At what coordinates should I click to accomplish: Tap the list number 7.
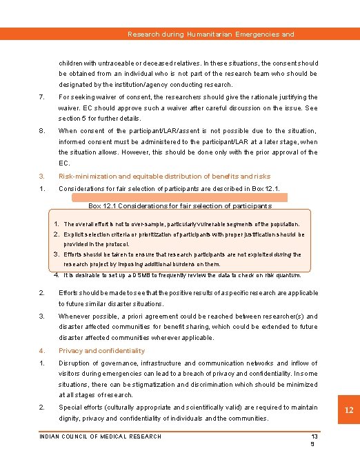pos(41,97)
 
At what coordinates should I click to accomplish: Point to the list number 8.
pos(41,130)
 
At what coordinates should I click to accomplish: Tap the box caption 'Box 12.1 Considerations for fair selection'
pos(180,205)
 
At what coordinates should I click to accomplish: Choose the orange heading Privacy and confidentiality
pos(101,350)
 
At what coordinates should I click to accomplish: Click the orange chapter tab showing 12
pos(349,411)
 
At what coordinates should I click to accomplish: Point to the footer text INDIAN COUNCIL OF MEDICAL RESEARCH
pos(100,436)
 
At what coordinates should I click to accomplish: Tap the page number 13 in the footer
pos(314,436)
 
